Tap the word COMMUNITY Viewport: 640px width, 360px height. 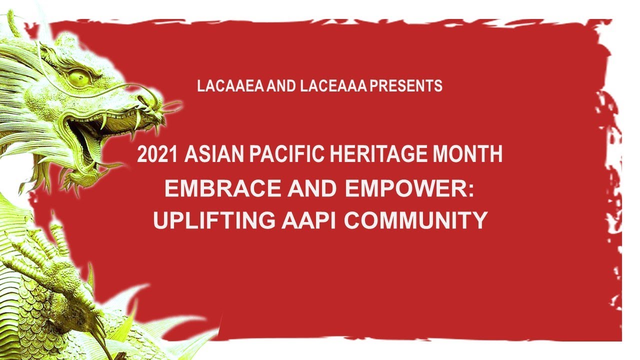pyautogui.click(x=416, y=220)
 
